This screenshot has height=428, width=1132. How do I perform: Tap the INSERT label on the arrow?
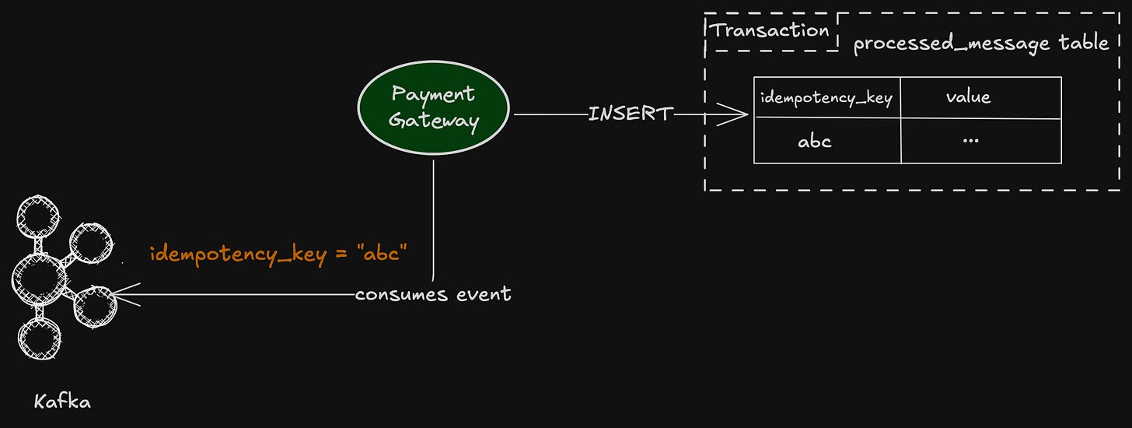click(x=630, y=114)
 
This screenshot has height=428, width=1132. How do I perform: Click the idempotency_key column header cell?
click(x=826, y=98)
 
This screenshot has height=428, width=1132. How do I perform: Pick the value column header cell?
click(x=968, y=97)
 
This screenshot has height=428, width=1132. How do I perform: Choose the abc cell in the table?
click(x=814, y=142)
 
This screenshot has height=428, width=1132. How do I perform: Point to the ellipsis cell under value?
click(x=970, y=141)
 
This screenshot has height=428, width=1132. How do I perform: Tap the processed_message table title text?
click(x=980, y=43)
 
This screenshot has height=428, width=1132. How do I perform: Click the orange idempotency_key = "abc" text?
click(x=279, y=254)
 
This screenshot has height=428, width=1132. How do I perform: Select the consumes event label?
click(x=433, y=294)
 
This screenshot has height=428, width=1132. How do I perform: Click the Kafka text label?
click(x=62, y=402)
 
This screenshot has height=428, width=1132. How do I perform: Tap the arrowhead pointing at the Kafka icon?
click(x=121, y=296)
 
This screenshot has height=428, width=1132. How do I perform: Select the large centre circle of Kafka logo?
click(x=37, y=279)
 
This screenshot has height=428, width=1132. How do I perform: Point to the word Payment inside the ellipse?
click(x=433, y=95)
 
